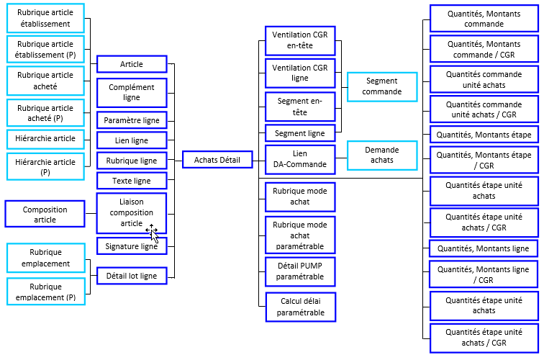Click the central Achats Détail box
pyautogui.click(x=217, y=160)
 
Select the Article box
pyautogui.click(x=132, y=65)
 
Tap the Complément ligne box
pyautogui.click(x=132, y=93)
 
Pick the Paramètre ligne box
pyautogui.click(x=132, y=120)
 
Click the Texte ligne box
pyautogui.click(x=132, y=180)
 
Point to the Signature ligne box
pyautogui.click(x=132, y=246)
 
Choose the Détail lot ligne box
pyautogui.click(x=132, y=275)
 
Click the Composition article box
pyautogui.click(x=45, y=215)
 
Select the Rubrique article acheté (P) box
pyautogui.click(x=45, y=113)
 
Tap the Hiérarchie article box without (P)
pyautogui.click(x=45, y=138)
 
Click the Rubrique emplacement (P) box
pyautogui.click(x=45, y=292)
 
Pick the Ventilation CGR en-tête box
pyautogui.click(x=300, y=41)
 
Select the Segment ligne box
pyautogui.click(x=300, y=133)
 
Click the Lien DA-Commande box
pyautogui.click(x=300, y=159)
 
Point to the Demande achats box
pyautogui.click(x=382, y=155)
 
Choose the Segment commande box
pyautogui.click(x=382, y=87)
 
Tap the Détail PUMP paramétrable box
pyautogui.click(x=300, y=271)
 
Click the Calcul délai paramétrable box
pyautogui.click(x=300, y=307)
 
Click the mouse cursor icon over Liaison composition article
pyautogui.click(x=153, y=231)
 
